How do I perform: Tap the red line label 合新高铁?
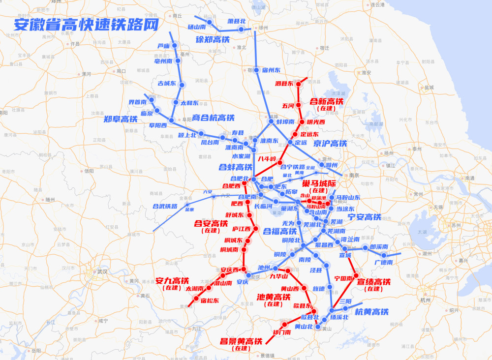[326, 101]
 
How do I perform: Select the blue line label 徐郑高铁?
[213, 39]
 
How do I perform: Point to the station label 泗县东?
[284, 84]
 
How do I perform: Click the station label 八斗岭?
[267, 159]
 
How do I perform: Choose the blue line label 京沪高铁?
[330, 144]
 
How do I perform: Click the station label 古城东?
[166, 83]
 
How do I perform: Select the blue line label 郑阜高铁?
[121, 119]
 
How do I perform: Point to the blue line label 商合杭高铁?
[213, 118]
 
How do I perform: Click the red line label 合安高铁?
[211, 223]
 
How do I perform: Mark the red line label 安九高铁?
[172, 281]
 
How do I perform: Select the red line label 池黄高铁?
[274, 297]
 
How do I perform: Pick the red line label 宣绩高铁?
[373, 282]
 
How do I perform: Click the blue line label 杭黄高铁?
[371, 312]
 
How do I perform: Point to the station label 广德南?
[384, 263]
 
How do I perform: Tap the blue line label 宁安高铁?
[364, 217]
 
